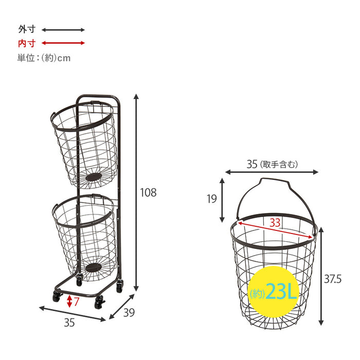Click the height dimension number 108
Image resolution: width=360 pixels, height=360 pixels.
tap(148, 192)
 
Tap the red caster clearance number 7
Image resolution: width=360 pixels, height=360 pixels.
tap(76, 301)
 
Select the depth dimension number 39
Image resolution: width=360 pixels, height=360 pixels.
tap(129, 313)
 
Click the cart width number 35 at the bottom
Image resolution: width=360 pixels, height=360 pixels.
tap(69, 322)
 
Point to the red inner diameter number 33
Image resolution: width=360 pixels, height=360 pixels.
tap(275, 223)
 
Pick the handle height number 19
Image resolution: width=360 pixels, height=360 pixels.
tap(211, 199)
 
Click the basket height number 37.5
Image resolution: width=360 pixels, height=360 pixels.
tap(333, 279)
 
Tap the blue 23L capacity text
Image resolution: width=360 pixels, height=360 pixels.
tap(281, 292)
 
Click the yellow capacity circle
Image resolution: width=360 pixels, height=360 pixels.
tap(274, 292)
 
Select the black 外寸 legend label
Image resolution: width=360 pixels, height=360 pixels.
tap(27, 29)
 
